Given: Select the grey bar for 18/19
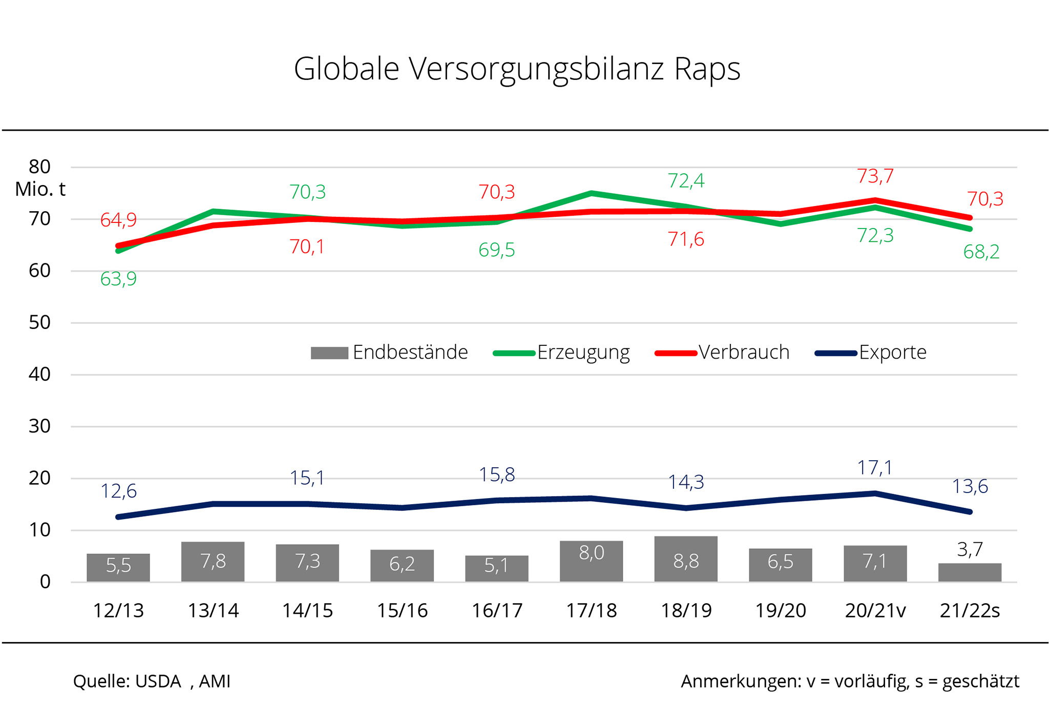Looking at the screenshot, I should [685, 559].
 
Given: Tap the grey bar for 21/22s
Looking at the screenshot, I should [970, 572].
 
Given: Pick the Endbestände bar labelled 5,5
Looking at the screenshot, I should [118, 567].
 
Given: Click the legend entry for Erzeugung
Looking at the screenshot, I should [562, 353].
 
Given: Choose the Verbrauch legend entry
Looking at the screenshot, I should [722, 353].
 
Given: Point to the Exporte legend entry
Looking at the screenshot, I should [871, 353].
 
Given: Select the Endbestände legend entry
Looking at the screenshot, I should [389, 353].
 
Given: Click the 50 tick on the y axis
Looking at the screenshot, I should [39, 323].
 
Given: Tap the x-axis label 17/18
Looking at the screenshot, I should [591, 611].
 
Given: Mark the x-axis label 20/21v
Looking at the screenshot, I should [875, 611].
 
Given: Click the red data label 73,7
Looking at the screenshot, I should [875, 176].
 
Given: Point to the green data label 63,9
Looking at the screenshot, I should [118, 279].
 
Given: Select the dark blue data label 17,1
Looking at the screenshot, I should [875, 468].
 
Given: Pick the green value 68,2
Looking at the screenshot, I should [981, 252].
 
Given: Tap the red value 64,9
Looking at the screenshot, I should [118, 220].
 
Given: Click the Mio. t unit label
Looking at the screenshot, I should [40, 190].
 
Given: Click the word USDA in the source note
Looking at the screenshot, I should [158, 682].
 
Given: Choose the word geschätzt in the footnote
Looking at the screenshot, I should [980, 682].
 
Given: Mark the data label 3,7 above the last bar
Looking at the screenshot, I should [970, 550].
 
